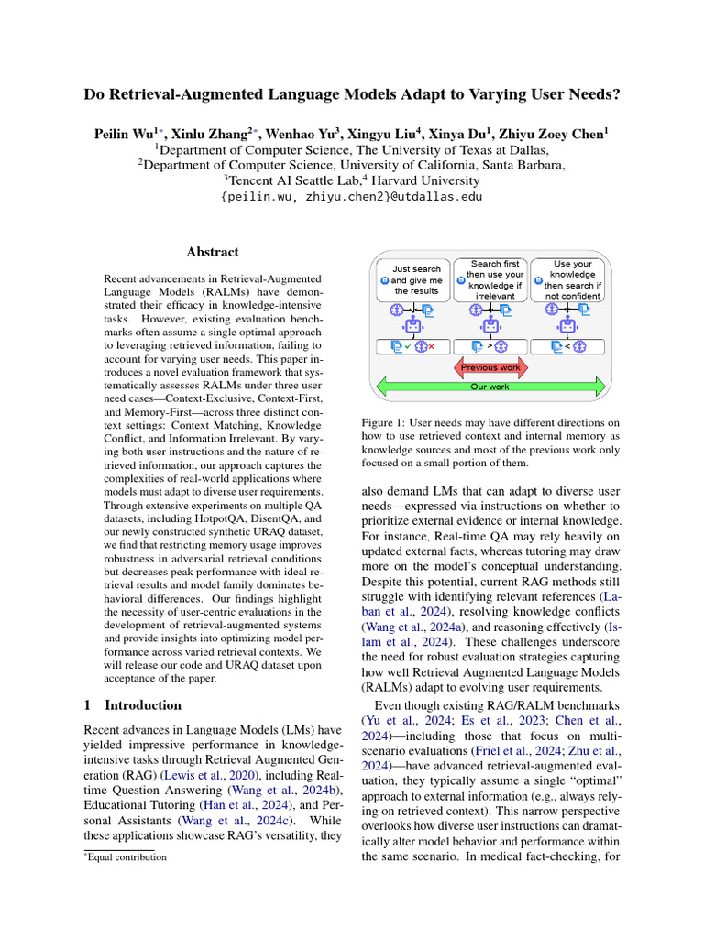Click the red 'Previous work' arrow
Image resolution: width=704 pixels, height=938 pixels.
(x=489, y=367)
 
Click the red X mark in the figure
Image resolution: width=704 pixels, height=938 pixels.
(x=431, y=346)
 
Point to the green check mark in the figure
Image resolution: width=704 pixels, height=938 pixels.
(x=407, y=346)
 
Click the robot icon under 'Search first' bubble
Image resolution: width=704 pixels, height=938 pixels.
(x=490, y=325)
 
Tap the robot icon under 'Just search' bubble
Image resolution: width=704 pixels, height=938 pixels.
(x=412, y=325)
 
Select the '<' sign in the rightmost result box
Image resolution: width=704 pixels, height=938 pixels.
(x=568, y=346)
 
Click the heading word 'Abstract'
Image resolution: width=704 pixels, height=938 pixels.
(x=213, y=252)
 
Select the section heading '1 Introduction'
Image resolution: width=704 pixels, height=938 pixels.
(x=133, y=705)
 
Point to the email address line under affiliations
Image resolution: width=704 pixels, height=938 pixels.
(x=351, y=196)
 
